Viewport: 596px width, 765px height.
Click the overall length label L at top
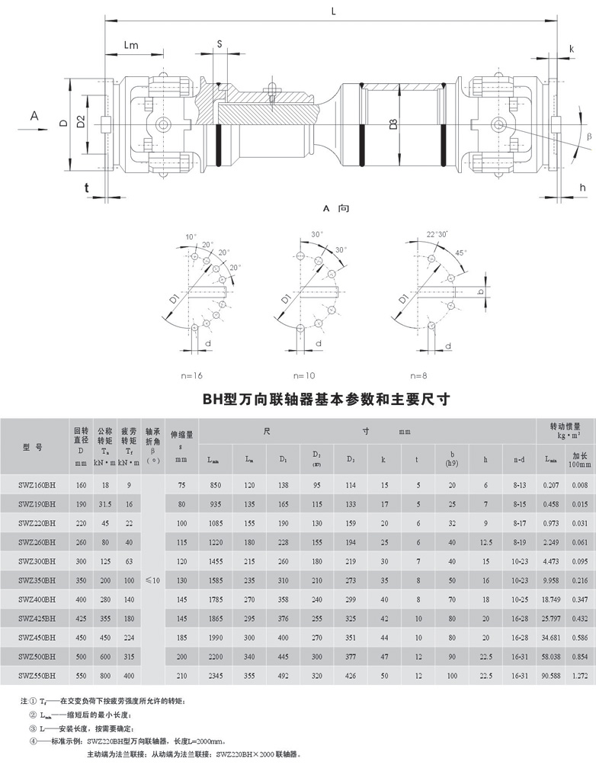coord(334,10)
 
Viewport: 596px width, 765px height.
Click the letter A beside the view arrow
coord(34,115)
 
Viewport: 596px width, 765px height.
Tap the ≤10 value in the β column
coord(155,580)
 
